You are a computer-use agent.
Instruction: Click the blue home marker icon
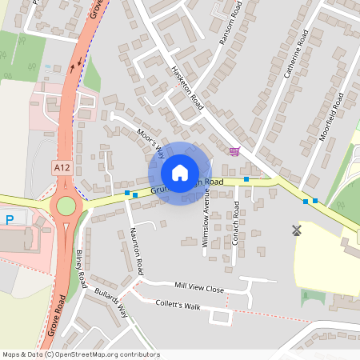(180, 173)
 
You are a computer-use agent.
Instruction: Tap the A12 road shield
(61, 167)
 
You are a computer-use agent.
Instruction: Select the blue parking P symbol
(10, 219)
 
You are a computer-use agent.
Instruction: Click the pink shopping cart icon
(234, 150)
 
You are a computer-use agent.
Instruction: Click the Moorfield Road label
(330, 117)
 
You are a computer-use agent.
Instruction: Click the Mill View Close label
(188, 286)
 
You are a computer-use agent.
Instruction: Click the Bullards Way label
(111, 302)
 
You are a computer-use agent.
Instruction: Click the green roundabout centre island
(66, 206)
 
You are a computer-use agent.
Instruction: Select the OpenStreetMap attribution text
(80, 354)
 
